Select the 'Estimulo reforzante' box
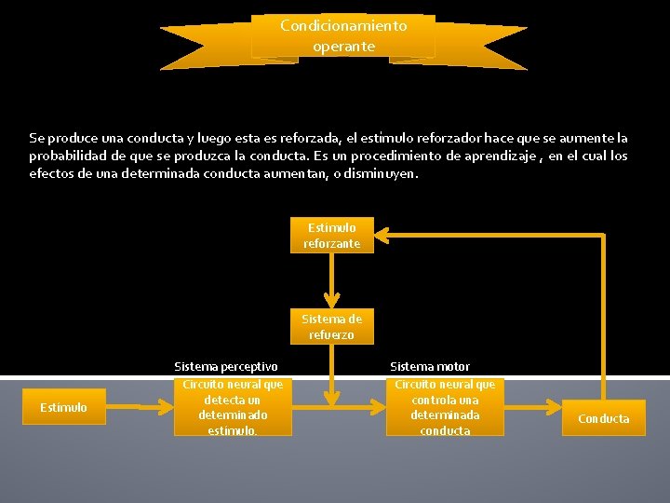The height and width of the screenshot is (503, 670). click(331, 235)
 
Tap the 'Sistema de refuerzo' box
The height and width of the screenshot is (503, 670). click(331, 327)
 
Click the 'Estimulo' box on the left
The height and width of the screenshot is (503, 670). click(63, 407)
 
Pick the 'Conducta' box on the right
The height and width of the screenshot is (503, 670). click(603, 418)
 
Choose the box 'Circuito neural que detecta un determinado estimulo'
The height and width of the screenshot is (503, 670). click(233, 406)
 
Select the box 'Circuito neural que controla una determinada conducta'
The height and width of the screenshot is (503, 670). click(445, 406)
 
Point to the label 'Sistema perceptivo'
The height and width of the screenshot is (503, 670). click(226, 367)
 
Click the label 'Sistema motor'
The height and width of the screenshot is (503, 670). click(430, 367)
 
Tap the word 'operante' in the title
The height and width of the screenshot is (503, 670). click(343, 46)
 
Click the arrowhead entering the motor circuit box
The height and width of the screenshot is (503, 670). click(381, 407)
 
